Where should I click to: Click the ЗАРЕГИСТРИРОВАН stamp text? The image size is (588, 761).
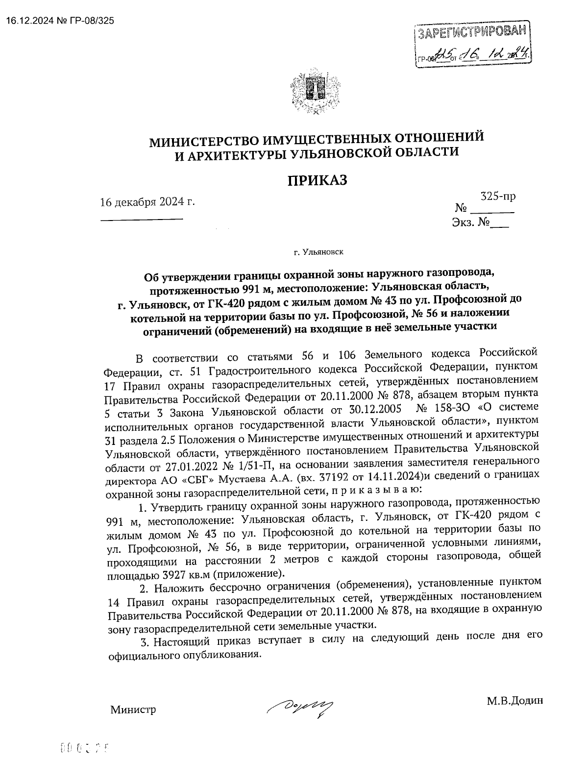coord(473,33)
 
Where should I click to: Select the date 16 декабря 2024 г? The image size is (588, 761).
coord(147,202)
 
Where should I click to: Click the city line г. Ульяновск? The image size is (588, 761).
coord(318,253)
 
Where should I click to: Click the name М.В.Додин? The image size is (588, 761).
coord(514,701)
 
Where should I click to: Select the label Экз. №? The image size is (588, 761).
coord(471,223)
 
